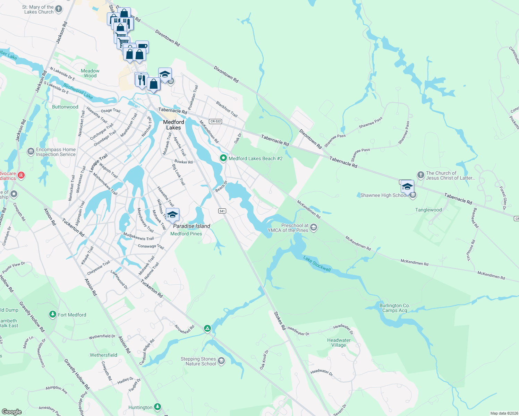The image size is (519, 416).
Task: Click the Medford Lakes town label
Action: [173, 125]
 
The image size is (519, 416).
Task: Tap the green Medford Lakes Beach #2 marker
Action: [223, 158]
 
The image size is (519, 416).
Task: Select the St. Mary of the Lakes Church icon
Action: [59, 9]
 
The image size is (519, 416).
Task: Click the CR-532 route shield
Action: [215, 121]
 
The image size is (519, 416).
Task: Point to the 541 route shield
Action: [222, 211]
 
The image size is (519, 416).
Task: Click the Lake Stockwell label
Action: [317, 264]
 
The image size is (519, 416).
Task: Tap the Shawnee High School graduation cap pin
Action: [407, 187]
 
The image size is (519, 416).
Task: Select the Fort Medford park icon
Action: [52, 314]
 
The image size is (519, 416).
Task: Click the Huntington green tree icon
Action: [158, 407]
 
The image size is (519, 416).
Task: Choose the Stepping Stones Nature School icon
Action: [221, 361]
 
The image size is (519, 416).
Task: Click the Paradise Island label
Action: [192, 226]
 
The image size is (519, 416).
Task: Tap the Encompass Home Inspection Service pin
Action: [31, 151]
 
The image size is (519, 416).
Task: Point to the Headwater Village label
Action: [339, 343]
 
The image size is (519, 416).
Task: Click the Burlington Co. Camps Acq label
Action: [394, 308]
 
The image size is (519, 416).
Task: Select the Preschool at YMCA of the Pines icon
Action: [314, 227]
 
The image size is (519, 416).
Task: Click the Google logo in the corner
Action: [12, 411]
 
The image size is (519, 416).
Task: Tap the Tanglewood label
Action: [428, 210]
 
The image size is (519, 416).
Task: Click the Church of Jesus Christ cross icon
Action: [420, 175]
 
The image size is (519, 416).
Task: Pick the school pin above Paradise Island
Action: [172, 215]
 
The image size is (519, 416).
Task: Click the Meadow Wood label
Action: [90, 73]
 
